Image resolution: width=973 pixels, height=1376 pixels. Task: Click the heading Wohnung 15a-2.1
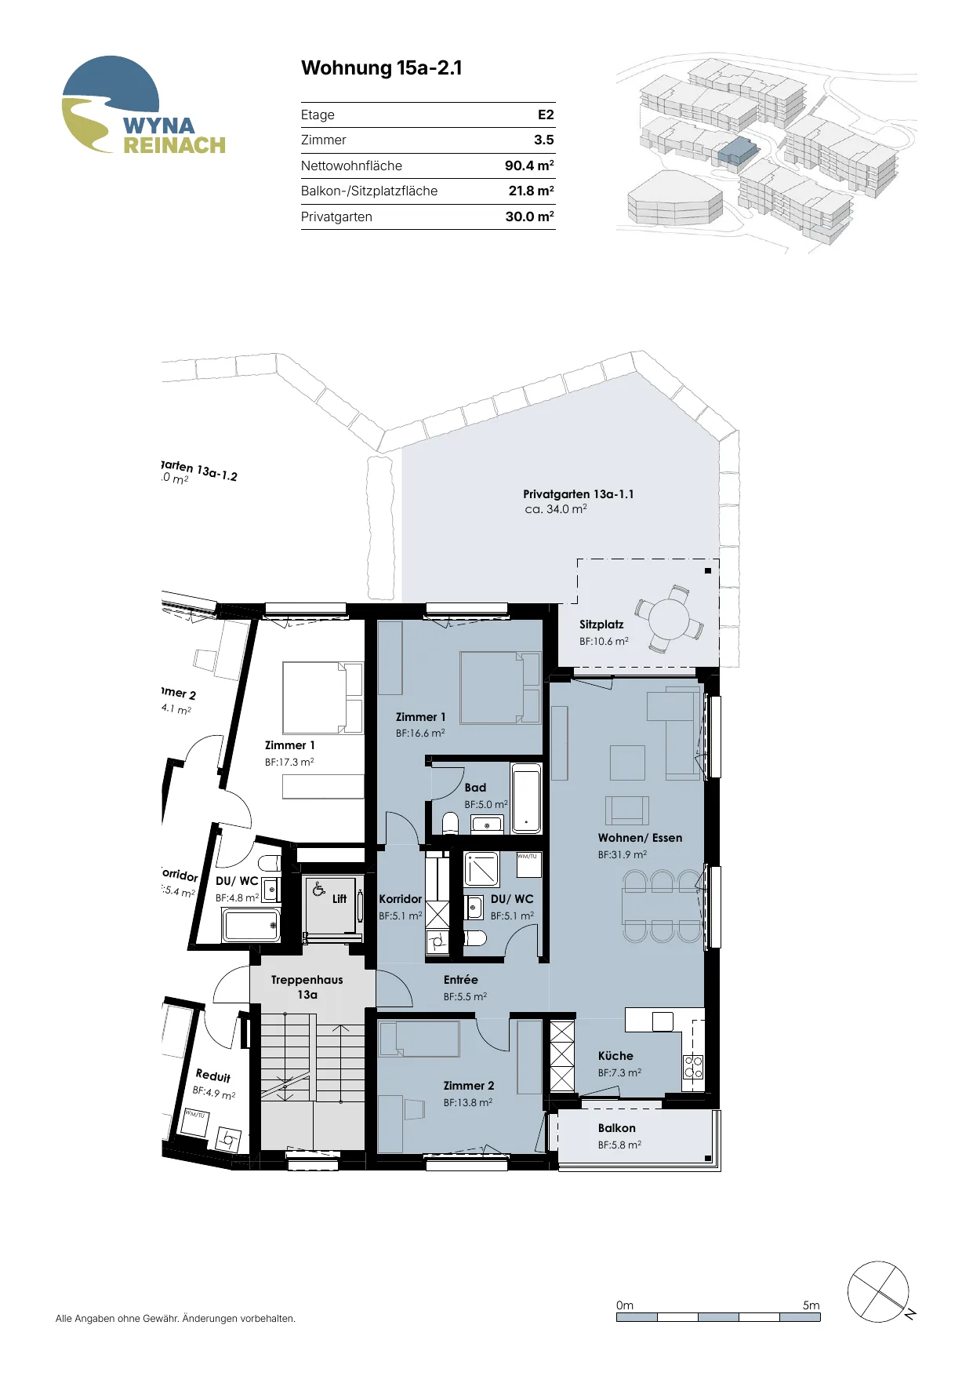(382, 68)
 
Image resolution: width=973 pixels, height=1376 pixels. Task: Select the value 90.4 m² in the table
(529, 166)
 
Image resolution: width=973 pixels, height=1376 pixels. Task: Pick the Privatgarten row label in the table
(336, 217)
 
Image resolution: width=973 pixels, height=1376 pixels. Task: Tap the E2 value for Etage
(546, 115)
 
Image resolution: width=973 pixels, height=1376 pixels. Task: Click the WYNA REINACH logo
(143, 105)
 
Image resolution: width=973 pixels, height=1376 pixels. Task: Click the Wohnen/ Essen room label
(640, 838)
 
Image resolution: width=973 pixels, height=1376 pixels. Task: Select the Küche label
(615, 1056)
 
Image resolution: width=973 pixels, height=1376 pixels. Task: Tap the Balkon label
(617, 1128)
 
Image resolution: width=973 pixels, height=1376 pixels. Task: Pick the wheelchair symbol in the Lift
(318, 889)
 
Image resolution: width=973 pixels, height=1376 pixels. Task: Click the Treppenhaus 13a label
(307, 987)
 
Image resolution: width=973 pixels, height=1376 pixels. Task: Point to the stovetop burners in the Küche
(693, 1067)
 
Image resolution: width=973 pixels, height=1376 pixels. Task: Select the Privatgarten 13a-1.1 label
(579, 494)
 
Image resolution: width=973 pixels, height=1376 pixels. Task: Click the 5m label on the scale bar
(811, 1305)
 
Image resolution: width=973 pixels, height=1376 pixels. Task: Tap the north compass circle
(878, 1292)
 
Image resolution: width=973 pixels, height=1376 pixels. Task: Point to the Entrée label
(460, 980)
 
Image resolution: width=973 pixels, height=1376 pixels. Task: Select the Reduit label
(213, 1076)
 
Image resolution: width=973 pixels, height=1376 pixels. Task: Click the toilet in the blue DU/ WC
(474, 938)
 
